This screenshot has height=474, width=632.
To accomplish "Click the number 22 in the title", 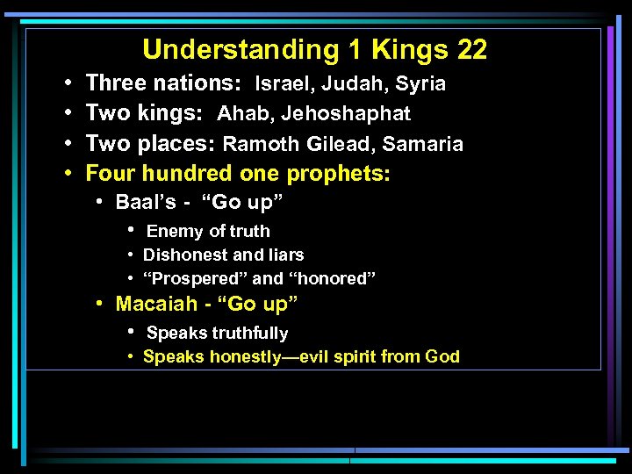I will click(x=472, y=49).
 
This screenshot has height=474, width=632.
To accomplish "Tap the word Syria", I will click(x=420, y=84).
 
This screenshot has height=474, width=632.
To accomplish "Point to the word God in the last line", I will click(x=442, y=357).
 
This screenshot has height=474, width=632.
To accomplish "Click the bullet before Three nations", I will click(x=68, y=84).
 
